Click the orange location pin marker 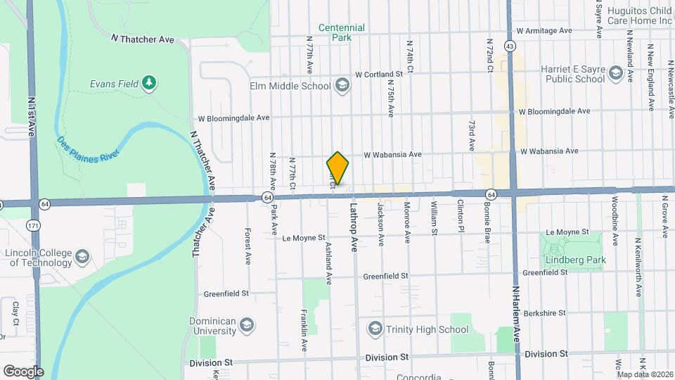point(337,168)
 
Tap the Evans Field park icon point(148,84)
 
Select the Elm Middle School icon point(342,86)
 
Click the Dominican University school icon point(246,325)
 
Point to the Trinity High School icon point(375,329)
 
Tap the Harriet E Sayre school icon point(616,73)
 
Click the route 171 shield point(32,225)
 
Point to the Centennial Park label point(342,32)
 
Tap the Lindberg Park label point(570,260)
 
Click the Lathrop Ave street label point(354,227)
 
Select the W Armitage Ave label point(544,31)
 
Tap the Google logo point(23,371)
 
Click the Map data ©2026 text point(645,374)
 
